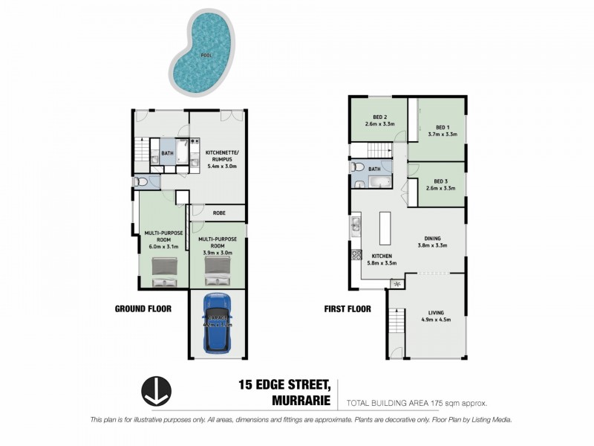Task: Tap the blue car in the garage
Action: coord(218,322)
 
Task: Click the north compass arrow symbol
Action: coord(156,392)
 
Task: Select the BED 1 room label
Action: coord(443,127)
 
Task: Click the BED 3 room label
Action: coord(441,181)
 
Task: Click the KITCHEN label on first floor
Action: coord(382,256)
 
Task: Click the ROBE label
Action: coord(219,213)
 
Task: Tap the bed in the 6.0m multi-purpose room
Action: coord(164,271)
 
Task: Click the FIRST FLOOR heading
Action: coord(347,308)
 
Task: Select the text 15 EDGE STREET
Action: coord(284,384)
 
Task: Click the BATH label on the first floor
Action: coord(373,169)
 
